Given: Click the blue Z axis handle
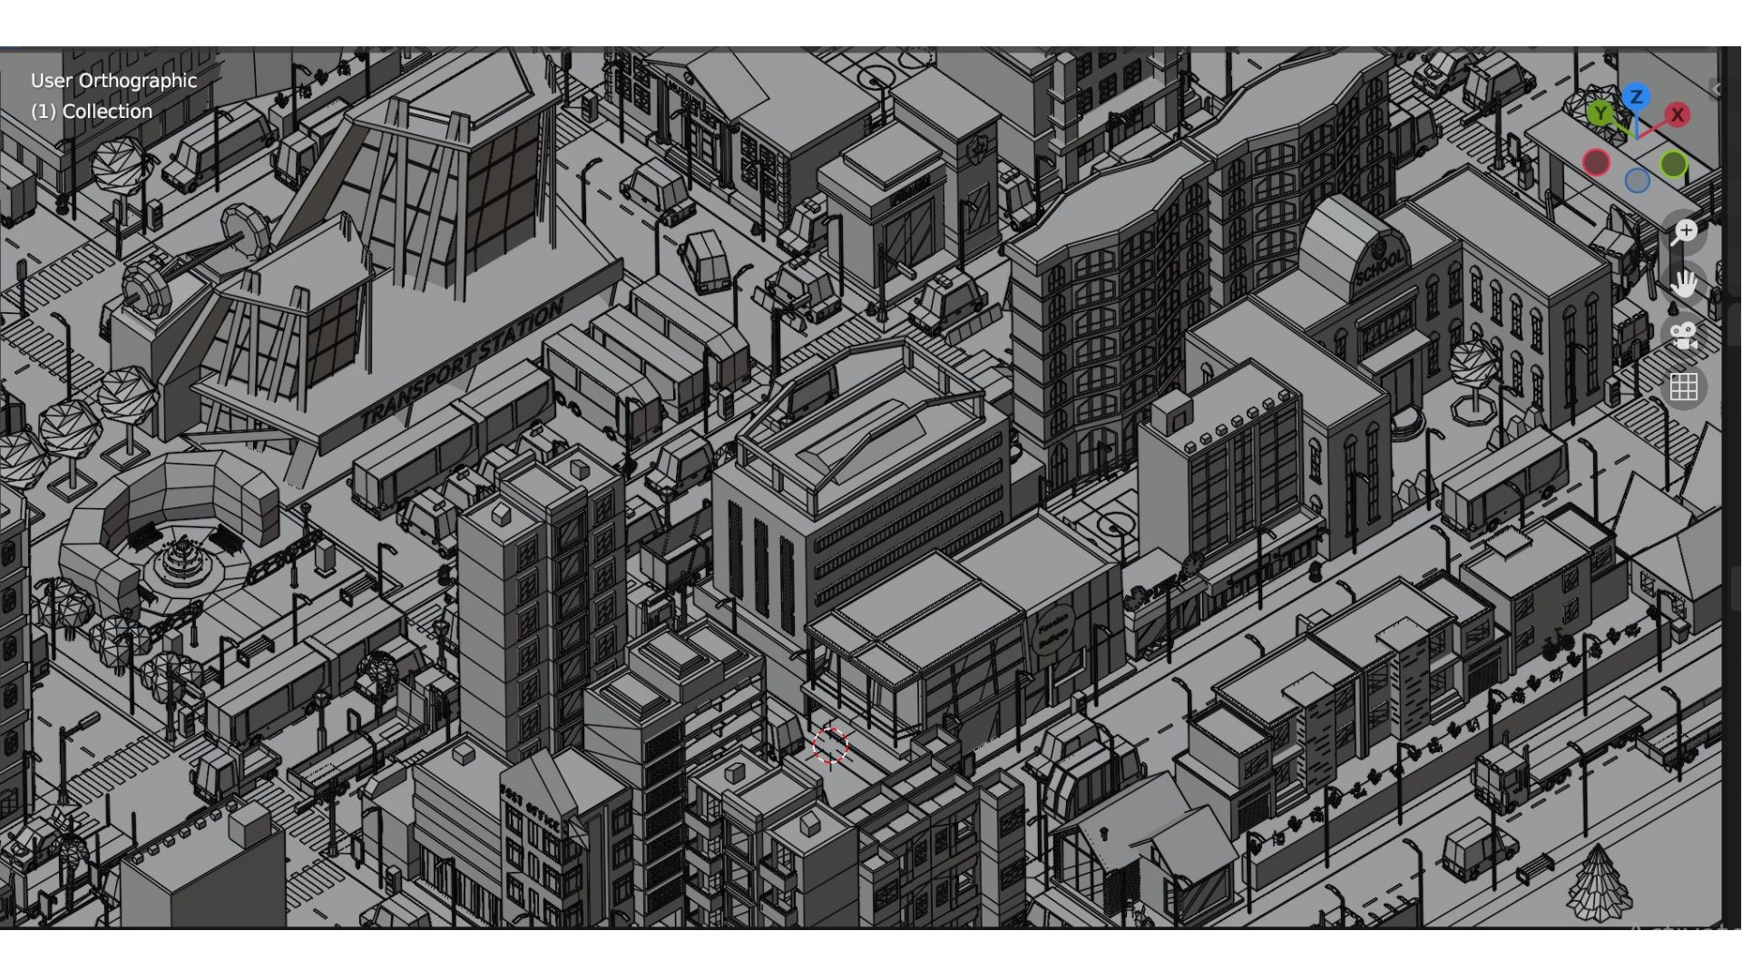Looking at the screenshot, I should pyautogui.click(x=1636, y=97).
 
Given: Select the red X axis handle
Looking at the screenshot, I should pyautogui.click(x=1677, y=115).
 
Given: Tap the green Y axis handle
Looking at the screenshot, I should pyautogui.click(x=1600, y=113).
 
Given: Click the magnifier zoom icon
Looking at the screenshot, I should pyautogui.click(x=1685, y=232).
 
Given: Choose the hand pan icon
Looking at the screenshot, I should pyautogui.click(x=1684, y=284).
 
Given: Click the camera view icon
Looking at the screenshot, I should pyautogui.click(x=1684, y=336).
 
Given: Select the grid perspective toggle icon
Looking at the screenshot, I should pyautogui.click(x=1684, y=387).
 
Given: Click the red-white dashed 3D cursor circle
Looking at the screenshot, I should pyautogui.click(x=829, y=746).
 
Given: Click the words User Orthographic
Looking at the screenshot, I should pyautogui.click(x=113, y=81).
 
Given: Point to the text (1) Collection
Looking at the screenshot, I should pyautogui.click(x=92, y=112).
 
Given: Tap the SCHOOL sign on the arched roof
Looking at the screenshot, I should pyautogui.click(x=1380, y=263).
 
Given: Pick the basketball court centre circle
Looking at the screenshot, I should pyautogui.click(x=1115, y=525).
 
